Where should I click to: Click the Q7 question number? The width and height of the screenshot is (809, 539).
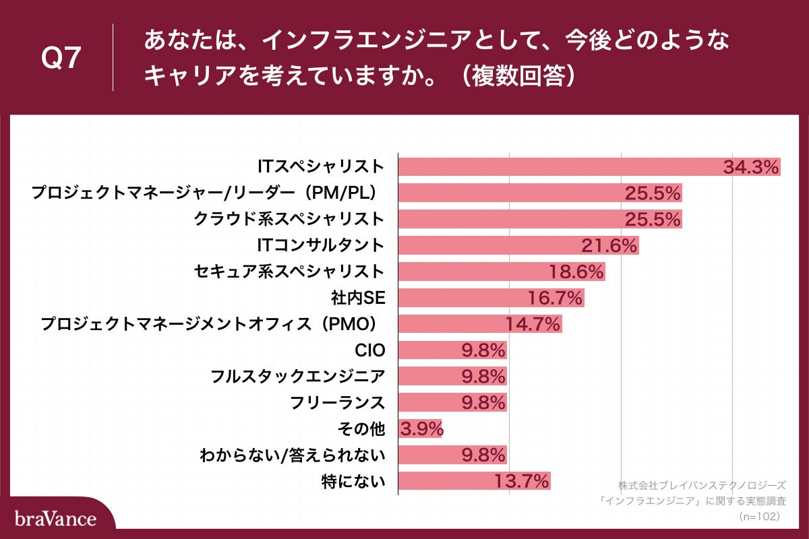[x=61, y=59]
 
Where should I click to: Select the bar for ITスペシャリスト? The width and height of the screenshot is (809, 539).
[x=560, y=166]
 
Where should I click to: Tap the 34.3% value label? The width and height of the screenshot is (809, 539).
[x=751, y=167]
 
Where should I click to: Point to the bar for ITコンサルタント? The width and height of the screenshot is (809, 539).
[x=485, y=245]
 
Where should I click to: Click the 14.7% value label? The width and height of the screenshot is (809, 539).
[x=533, y=325]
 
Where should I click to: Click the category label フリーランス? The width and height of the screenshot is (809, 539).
[x=337, y=403]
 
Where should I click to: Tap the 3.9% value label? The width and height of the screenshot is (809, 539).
[x=421, y=429]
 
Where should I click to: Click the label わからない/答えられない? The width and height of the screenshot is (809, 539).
[x=293, y=455]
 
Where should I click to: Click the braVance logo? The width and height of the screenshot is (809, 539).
[x=55, y=518]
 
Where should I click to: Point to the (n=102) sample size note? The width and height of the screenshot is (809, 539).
[x=759, y=516]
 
